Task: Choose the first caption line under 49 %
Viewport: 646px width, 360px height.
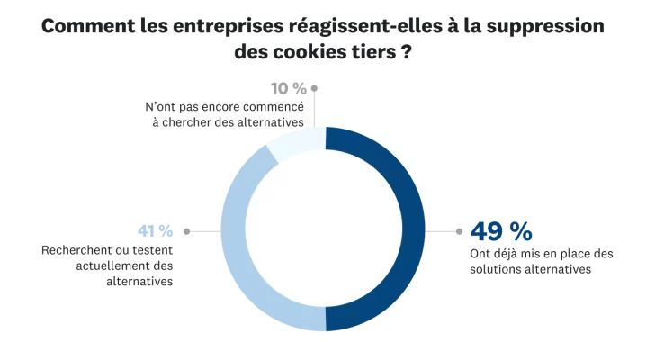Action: tap(543, 251)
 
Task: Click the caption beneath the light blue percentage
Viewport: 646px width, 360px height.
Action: tap(104, 266)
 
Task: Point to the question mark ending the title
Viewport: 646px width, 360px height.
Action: tap(417, 53)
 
